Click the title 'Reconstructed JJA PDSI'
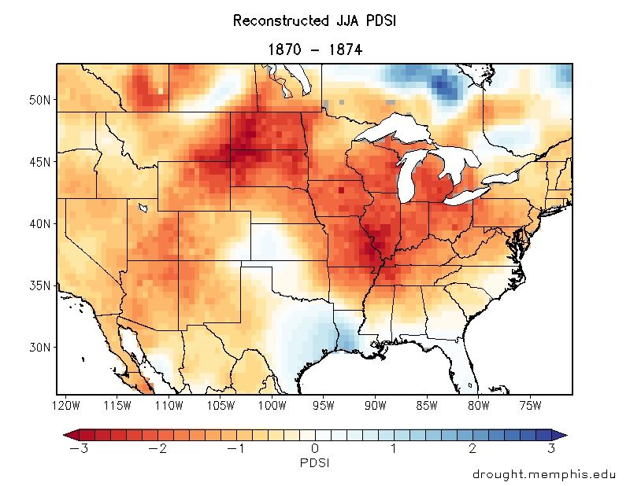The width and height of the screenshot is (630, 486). click(314, 21)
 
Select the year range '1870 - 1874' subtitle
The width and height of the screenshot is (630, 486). click(314, 50)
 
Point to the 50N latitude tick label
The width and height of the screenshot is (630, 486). click(39, 100)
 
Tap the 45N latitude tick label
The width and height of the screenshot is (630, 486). click(39, 162)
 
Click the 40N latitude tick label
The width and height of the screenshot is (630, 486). click(39, 223)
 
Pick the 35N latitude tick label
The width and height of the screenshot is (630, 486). click(39, 285)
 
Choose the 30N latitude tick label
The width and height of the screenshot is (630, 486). click(39, 347)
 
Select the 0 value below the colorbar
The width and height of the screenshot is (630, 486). click(314, 449)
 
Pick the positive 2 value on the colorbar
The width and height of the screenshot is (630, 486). click(472, 449)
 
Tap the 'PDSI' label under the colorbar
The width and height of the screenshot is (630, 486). click(314, 463)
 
